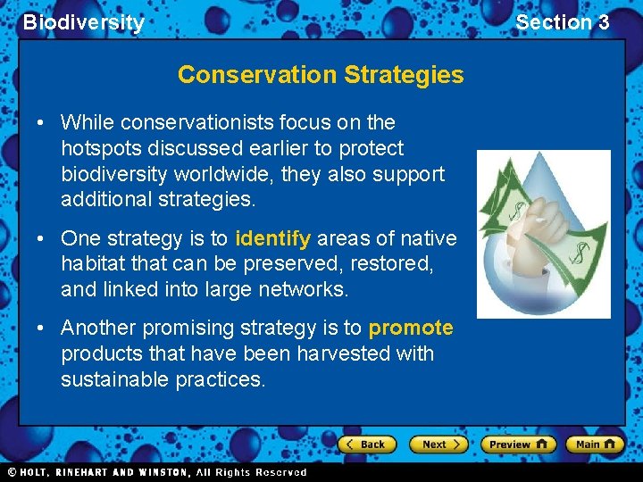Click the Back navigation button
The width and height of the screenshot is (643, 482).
[368, 444]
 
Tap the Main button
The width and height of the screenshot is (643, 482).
[594, 444]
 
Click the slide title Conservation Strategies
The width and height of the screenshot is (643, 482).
[321, 75]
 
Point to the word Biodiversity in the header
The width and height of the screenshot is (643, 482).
[83, 22]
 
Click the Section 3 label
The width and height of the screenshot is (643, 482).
[562, 22]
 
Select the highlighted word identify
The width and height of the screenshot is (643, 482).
[272, 238]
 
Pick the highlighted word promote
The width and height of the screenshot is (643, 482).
[410, 328]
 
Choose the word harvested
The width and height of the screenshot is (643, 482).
[348, 353]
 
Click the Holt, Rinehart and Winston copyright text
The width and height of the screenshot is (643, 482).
[156, 472]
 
